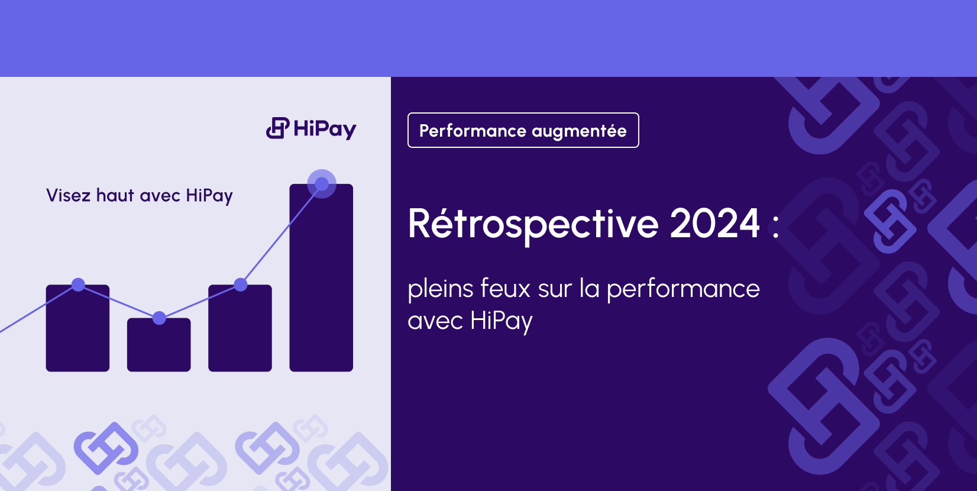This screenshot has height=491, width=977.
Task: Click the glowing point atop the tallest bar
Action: (322, 184)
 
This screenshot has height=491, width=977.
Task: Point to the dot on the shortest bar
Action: (159, 318)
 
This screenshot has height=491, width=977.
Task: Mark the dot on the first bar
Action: (78, 285)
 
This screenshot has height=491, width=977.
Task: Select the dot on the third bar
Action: (241, 285)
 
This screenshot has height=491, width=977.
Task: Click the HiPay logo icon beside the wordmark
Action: (277, 128)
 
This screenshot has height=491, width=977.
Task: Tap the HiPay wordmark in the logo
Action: (325, 129)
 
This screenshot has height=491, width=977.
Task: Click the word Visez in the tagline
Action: (68, 196)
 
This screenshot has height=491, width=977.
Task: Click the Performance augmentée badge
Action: (523, 130)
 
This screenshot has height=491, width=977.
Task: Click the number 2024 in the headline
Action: (714, 224)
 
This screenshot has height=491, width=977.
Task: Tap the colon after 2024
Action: (775, 227)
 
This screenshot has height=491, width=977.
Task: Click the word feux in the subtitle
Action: (505, 289)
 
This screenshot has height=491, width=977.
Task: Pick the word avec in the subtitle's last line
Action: (435, 321)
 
